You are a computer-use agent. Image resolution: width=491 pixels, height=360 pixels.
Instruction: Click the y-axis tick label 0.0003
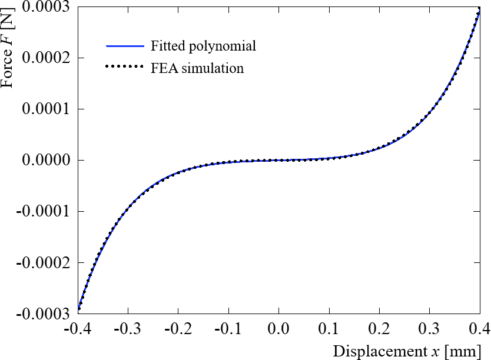coord(44,8)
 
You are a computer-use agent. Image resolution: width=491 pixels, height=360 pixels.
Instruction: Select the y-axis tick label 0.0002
coord(44,58)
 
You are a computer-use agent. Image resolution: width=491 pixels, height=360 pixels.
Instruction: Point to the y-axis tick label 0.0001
coord(44,109)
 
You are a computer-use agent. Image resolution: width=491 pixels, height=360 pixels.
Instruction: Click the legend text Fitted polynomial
coord(203,46)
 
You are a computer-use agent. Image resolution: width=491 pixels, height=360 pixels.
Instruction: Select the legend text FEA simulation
coord(197,68)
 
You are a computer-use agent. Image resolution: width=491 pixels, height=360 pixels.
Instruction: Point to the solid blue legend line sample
coord(125,46)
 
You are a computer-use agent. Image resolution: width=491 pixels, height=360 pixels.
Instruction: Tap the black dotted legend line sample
coord(125,68)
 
